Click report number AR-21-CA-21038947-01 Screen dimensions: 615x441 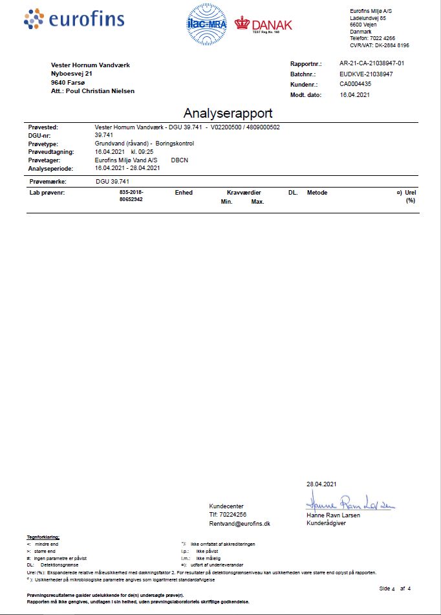tap(372, 64)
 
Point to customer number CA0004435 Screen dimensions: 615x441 tap(356, 83)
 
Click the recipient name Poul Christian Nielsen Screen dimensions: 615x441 tap(100, 91)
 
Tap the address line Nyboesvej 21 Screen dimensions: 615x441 tap(72, 74)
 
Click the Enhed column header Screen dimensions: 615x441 tap(184, 193)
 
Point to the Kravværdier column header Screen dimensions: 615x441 tap(243, 193)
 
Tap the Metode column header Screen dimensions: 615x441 tap(317, 193)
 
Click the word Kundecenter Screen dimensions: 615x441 tap(226, 506)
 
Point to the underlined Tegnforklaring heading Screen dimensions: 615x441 tap(43, 537)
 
